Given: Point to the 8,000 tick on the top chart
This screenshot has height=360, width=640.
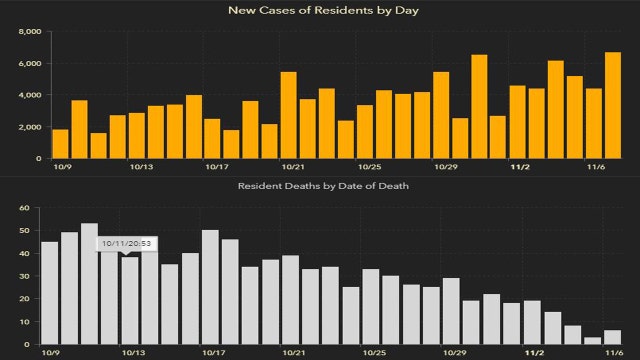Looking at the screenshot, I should pos(29,32).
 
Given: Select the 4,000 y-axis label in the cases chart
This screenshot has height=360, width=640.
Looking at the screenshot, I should pos(29,95).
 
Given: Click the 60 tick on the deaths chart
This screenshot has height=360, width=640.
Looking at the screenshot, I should pos(33,208).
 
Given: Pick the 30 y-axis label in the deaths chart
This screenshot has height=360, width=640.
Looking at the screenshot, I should pos(33,276).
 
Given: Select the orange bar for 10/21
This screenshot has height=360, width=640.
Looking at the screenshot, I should pos(288,115).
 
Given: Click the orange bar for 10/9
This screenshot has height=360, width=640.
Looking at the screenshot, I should pos(60,144).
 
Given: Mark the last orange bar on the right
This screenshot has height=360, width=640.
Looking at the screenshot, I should pos(613,105).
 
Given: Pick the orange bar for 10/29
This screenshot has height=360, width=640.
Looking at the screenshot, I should pos(441,115).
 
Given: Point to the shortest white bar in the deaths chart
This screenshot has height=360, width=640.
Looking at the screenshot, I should pos(593,341).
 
